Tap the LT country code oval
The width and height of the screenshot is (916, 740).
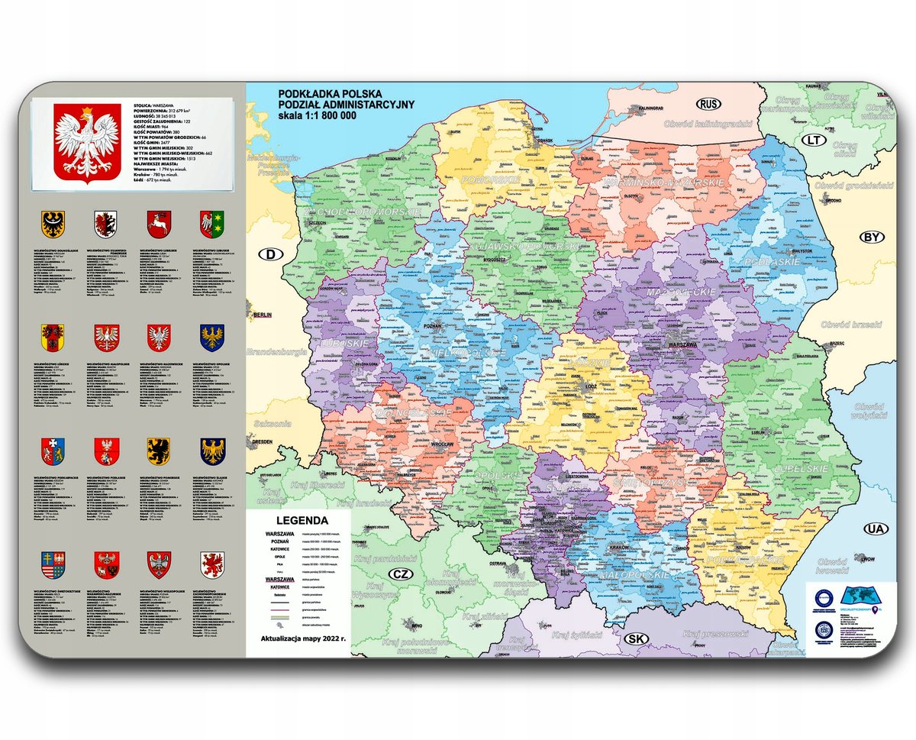coord(815,140)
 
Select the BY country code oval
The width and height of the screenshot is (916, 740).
coord(872,237)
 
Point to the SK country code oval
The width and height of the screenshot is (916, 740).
coord(635,638)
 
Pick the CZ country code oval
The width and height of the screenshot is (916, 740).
coord(399,574)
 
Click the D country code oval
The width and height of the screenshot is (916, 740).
coord(269,254)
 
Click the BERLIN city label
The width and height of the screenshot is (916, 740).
coord(263,315)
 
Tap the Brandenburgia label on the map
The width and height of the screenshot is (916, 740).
coord(276,351)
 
